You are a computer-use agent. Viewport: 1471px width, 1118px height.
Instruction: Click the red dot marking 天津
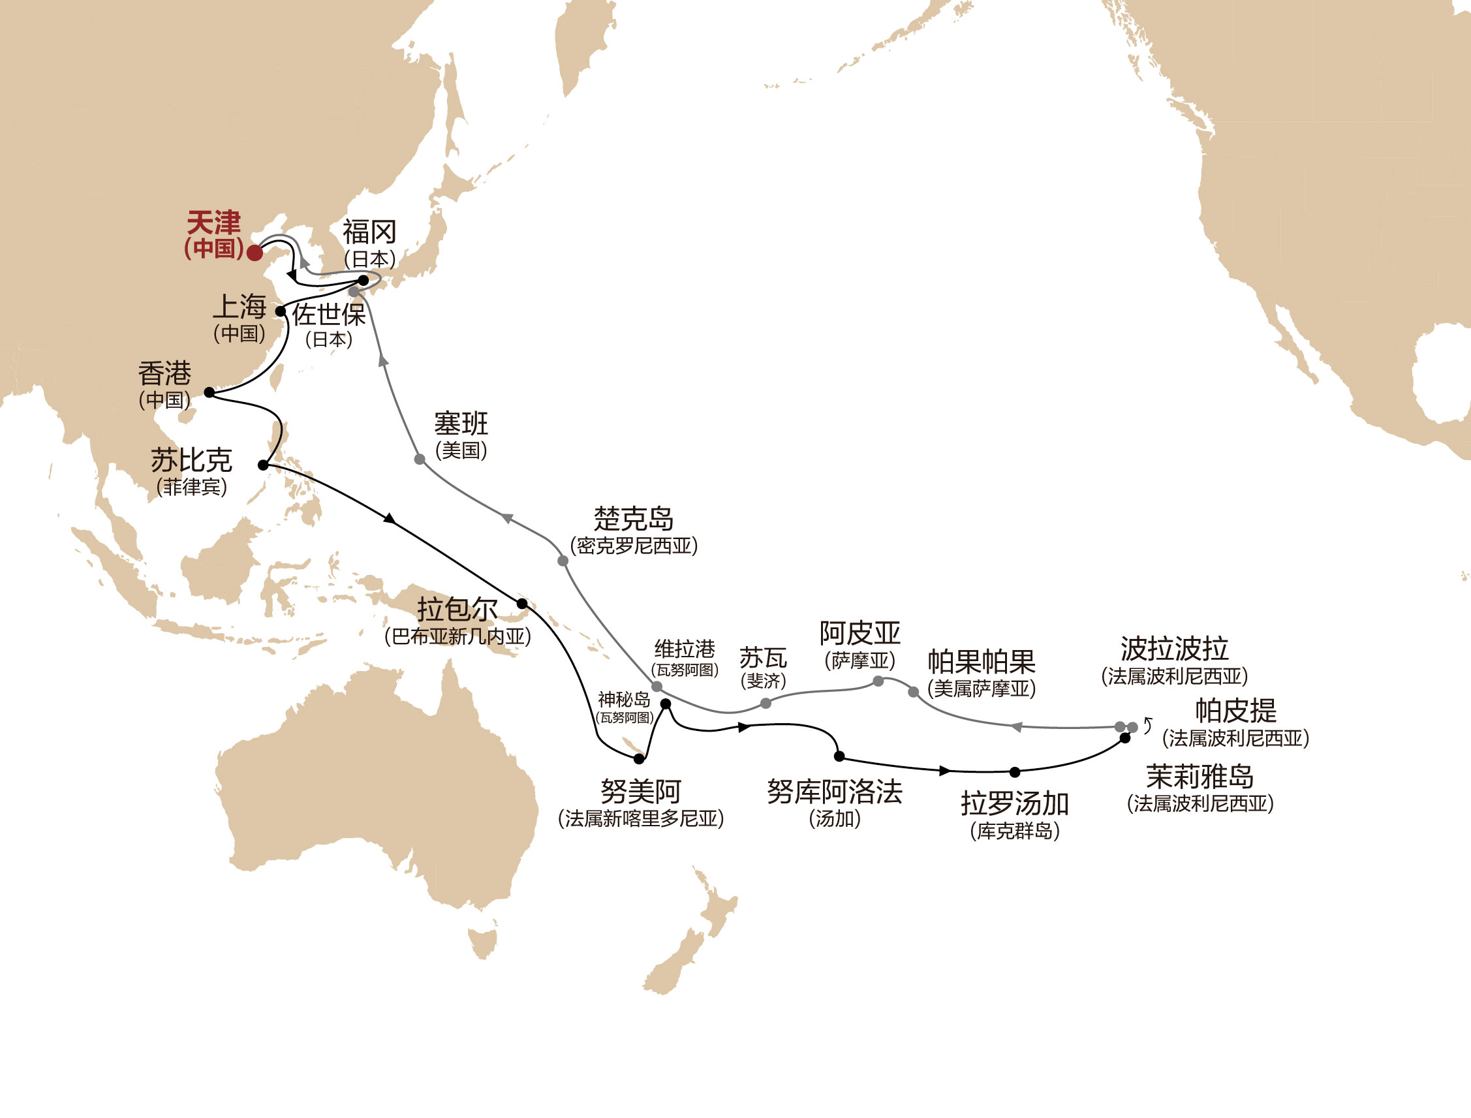(x=254, y=253)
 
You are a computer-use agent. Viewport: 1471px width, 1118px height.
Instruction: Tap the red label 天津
(x=213, y=223)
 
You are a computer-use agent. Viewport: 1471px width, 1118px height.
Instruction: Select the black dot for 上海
(x=281, y=311)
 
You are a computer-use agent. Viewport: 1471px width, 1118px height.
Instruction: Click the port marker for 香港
(x=209, y=393)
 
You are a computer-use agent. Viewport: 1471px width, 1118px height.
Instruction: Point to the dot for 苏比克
(x=264, y=465)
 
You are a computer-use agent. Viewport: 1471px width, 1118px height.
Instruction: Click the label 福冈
(x=369, y=233)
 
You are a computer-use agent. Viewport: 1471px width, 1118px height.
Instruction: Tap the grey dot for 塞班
(x=420, y=459)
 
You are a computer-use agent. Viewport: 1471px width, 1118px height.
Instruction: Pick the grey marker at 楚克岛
(x=563, y=561)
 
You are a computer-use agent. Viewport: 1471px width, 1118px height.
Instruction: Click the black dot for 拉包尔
(x=522, y=604)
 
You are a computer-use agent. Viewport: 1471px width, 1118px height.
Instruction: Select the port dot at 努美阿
(x=639, y=758)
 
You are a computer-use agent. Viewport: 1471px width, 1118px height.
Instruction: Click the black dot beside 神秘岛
(x=665, y=704)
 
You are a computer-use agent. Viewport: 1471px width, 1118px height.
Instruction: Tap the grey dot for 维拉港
(x=657, y=687)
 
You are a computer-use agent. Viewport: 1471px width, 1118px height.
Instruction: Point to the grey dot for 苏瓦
(x=766, y=704)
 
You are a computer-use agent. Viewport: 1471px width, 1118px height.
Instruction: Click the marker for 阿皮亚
(x=878, y=681)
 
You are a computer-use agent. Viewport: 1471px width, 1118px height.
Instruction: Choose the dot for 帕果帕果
(x=914, y=692)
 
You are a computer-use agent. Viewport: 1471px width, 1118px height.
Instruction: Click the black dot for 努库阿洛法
(x=840, y=756)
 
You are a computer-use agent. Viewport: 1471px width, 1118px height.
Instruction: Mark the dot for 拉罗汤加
(x=1015, y=773)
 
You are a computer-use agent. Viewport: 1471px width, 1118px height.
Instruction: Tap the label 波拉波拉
(x=1174, y=649)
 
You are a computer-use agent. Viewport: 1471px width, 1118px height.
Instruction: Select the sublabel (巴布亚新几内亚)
(x=457, y=637)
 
